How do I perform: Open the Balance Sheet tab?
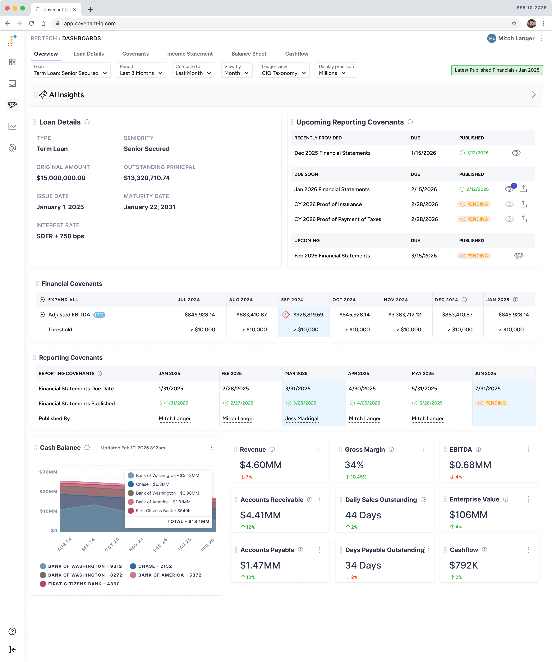[249, 54]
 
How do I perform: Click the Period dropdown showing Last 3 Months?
[141, 70]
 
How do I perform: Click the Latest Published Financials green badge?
[497, 70]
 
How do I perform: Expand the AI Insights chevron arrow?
[533, 95]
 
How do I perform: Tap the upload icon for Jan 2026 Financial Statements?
[523, 189]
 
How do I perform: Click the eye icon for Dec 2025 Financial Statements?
[516, 153]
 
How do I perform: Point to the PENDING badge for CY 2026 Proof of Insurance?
[474, 204]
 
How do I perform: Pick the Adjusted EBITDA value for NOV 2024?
[404, 315]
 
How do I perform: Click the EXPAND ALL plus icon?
[42, 300]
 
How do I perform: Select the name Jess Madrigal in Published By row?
[301, 419]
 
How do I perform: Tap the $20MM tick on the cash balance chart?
[48, 492]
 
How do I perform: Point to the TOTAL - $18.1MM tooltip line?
[188, 521]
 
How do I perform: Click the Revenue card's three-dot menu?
[319, 450]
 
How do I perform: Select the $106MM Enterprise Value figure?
[468, 515]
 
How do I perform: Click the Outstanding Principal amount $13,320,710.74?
[147, 178]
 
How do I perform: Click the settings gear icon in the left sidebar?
[12, 148]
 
